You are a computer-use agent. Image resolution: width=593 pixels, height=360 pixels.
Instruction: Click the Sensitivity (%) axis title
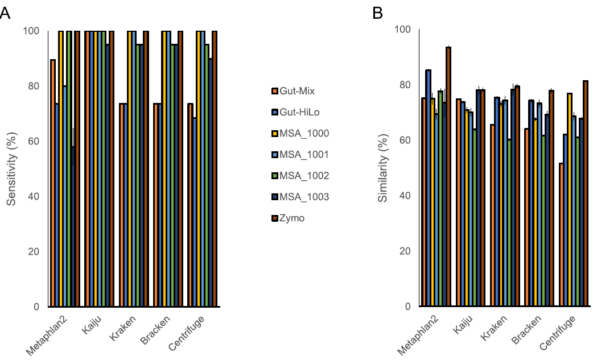(x=11, y=168)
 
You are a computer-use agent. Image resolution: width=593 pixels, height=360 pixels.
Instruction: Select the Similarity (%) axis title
(x=383, y=168)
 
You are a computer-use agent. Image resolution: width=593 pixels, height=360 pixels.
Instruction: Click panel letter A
(x=5, y=13)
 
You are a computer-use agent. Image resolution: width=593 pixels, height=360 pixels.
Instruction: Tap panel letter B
(x=377, y=13)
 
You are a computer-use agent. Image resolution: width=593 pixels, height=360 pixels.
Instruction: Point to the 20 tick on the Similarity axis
(x=405, y=251)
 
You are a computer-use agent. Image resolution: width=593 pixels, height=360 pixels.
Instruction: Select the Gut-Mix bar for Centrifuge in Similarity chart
(x=561, y=235)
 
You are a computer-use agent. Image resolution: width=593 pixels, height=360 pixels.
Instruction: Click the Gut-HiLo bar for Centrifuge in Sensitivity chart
(x=195, y=212)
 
